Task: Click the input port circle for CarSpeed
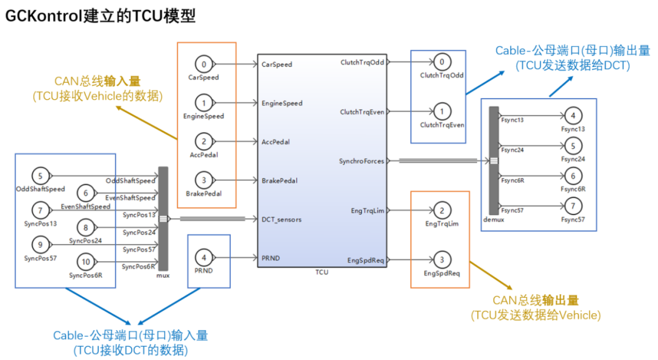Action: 204,64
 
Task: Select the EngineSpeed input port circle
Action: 204,103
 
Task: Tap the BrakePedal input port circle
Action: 204,180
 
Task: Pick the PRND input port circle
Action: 204,258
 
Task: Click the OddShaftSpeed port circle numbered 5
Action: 40,177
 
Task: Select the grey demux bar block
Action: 494,161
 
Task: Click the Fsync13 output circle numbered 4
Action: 573,116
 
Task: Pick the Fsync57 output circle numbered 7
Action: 573,206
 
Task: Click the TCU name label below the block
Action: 322,272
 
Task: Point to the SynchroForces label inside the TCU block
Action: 361,161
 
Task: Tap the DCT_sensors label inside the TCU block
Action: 281,219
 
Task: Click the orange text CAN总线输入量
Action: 97,82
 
